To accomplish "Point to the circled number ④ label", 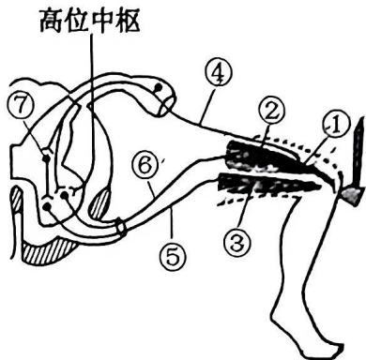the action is (x=220, y=74).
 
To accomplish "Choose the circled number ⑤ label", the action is (x=174, y=257).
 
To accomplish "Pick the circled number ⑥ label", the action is (x=145, y=166).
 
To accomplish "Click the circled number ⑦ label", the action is (x=20, y=106).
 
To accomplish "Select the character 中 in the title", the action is (x=102, y=20).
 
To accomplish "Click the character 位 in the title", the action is (x=77, y=20).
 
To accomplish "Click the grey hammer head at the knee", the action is (x=352, y=195).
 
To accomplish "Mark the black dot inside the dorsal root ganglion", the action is (x=159, y=87).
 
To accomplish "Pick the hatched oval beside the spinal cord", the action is (x=99, y=203).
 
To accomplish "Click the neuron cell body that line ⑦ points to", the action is (x=46, y=158).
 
